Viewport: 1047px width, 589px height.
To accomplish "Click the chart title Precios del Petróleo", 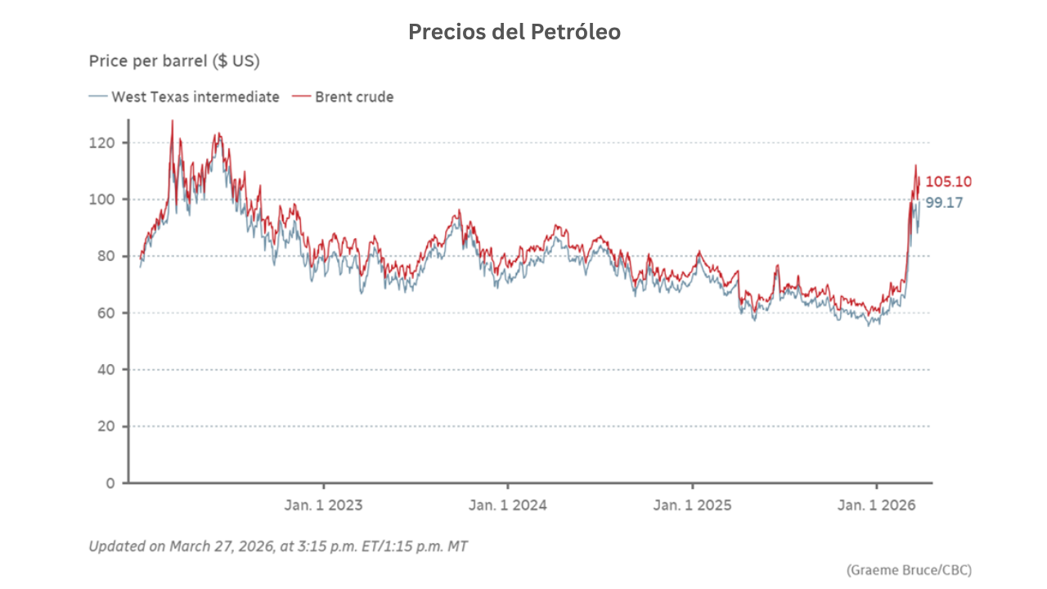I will pos(515,32).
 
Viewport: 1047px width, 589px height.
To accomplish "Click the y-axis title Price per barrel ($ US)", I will pos(173,61).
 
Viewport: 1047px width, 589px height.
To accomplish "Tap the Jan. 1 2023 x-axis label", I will pos(323,505).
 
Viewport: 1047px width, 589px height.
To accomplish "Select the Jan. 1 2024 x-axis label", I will pos(508,505).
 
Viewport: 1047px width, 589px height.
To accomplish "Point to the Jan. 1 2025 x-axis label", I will pos(692,505).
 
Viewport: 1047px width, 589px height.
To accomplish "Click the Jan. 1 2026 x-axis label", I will pos(877,505).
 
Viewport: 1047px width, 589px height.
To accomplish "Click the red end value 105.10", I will pos(949,182).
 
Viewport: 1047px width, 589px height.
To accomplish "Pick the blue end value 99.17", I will pos(944,202).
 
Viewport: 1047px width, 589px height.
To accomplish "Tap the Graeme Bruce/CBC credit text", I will pos(910,569).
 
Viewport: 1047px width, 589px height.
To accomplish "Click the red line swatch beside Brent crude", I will pos(302,97).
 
